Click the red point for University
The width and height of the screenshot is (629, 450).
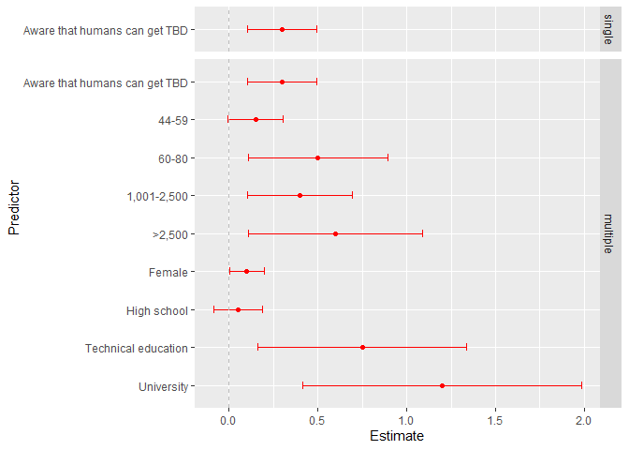pyautogui.click(x=442, y=385)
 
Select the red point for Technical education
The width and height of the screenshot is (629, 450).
pyautogui.click(x=362, y=348)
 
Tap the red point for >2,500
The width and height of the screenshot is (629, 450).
pyautogui.click(x=335, y=233)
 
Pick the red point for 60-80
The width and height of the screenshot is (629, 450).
pyautogui.click(x=317, y=157)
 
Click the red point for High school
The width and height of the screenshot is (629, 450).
pyautogui.click(x=238, y=309)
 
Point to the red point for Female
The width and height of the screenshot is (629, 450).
pyautogui.click(x=246, y=272)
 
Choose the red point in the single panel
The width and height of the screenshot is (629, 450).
pyautogui.click(x=282, y=29)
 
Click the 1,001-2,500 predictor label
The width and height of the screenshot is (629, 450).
pyautogui.click(x=156, y=196)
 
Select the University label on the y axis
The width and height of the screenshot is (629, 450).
pyautogui.click(x=164, y=386)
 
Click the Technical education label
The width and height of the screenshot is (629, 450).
pyautogui.click(x=137, y=348)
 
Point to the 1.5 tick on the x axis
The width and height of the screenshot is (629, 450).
pyautogui.click(x=494, y=421)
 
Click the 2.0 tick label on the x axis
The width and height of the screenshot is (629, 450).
pyautogui.click(x=583, y=421)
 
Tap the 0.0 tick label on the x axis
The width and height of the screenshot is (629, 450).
pyautogui.click(x=228, y=421)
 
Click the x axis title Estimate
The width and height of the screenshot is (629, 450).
pyautogui.click(x=397, y=437)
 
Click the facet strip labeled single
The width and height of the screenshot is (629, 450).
pyautogui.click(x=609, y=29)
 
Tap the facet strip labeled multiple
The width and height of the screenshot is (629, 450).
pyautogui.click(x=609, y=232)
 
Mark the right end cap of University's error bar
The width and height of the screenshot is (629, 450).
pyautogui.click(x=581, y=385)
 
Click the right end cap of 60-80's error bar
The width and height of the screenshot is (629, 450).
pyautogui.click(x=388, y=157)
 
